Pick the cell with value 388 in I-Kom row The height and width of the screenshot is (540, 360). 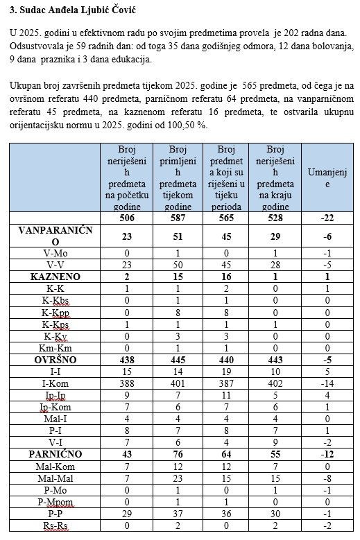click(127, 383)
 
